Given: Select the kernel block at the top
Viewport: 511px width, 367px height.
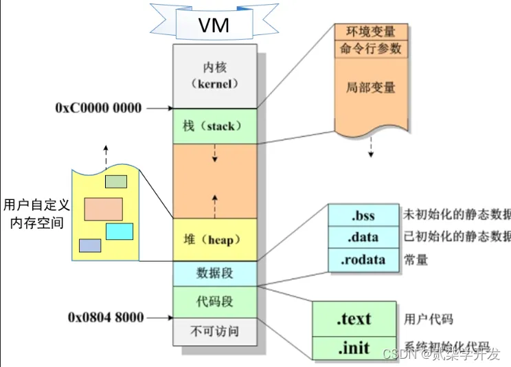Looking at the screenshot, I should pyautogui.click(x=215, y=76).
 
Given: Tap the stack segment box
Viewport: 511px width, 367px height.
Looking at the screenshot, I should pyautogui.click(x=215, y=126).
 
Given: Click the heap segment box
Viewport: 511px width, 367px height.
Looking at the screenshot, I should pyautogui.click(x=215, y=240).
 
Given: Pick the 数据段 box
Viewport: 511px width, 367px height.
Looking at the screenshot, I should pyautogui.click(x=215, y=273).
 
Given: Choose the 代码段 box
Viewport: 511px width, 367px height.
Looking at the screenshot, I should pyautogui.click(x=215, y=301).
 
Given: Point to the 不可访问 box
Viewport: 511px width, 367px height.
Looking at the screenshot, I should pyautogui.click(x=215, y=331).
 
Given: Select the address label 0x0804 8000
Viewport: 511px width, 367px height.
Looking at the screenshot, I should pyautogui.click(x=106, y=318).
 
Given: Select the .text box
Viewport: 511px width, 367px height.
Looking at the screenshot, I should pyautogui.click(x=354, y=319).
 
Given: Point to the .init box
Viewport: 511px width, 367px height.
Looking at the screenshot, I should pyautogui.click(x=354, y=348).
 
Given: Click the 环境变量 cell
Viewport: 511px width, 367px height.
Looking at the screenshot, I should pyautogui.click(x=371, y=32).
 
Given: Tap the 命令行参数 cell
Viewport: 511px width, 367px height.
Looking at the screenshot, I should pyautogui.click(x=371, y=49).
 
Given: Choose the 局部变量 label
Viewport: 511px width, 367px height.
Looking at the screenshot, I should pyautogui.click(x=371, y=88).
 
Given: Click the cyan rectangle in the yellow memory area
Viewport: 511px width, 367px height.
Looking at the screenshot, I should pyautogui.click(x=120, y=231).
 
